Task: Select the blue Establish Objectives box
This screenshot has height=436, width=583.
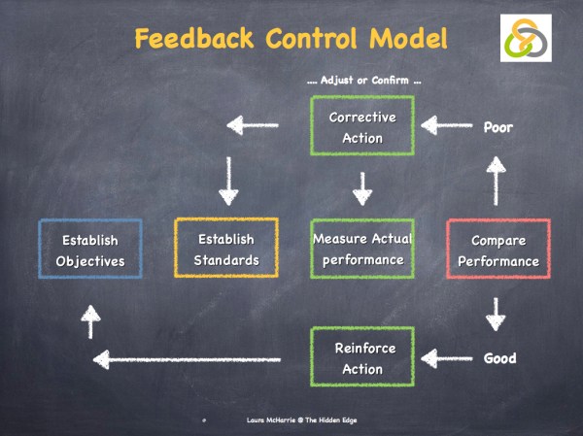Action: pyautogui.click(x=89, y=250)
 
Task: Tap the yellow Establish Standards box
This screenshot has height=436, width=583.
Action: pyautogui.click(x=225, y=250)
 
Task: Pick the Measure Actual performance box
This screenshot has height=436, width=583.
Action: pyautogui.click(x=361, y=250)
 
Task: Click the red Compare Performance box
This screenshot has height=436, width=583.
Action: pyautogui.click(x=498, y=250)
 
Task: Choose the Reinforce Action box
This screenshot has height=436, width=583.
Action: pyautogui.click(x=361, y=358)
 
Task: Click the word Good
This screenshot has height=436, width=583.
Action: pyautogui.click(x=499, y=359)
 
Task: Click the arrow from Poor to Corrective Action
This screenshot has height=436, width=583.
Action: pyautogui.click(x=445, y=125)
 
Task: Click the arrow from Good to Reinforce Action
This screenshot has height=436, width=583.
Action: pyautogui.click(x=445, y=358)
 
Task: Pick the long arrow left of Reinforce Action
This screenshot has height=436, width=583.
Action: pyautogui.click(x=189, y=360)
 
